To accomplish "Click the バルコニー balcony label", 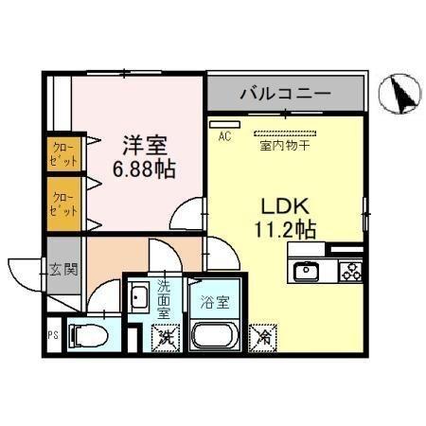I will click(x=285, y=95).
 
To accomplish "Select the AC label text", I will click(x=225, y=136).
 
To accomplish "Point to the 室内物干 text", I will click(x=285, y=146).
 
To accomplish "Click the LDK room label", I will click(x=280, y=204).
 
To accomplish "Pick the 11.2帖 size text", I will click(x=281, y=228).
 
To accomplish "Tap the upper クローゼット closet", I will click(x=62, y=153).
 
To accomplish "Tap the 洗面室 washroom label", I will click(x=163, y=297).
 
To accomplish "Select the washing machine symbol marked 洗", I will click(x=165, y=333).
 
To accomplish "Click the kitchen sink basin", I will click(x=308, y=273).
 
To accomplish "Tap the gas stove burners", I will click(x=348, y=272).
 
